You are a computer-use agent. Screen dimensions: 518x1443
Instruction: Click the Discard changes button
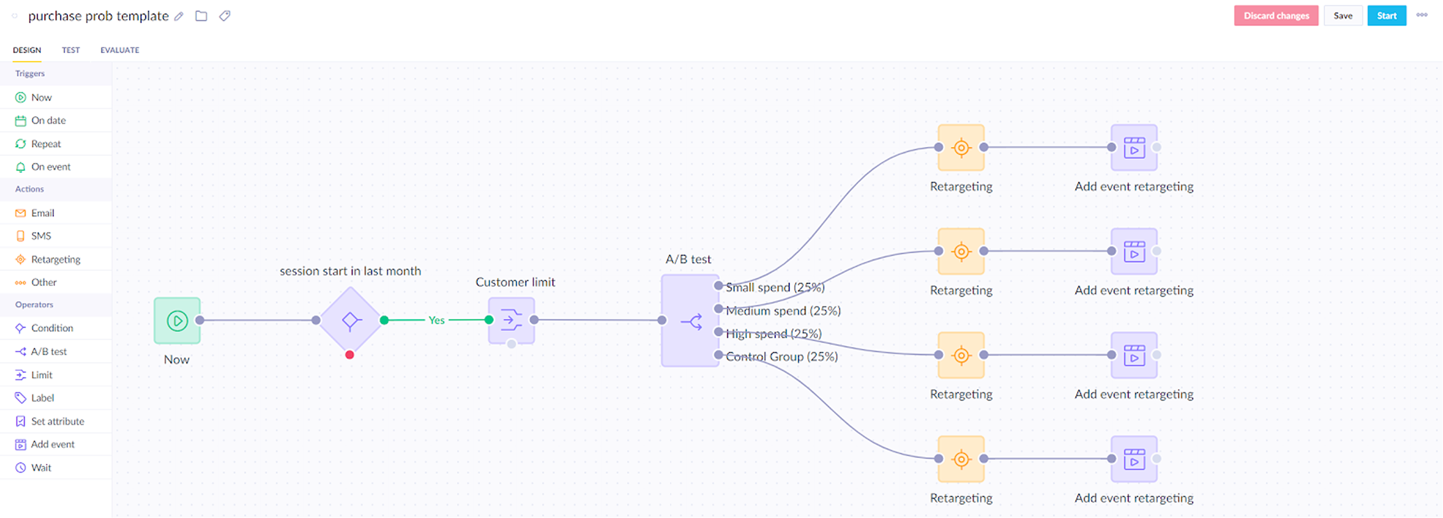[1276, 16]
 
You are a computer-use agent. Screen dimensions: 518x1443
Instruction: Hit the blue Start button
[1386, 16]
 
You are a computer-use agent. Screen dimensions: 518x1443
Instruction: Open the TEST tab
[71, 50]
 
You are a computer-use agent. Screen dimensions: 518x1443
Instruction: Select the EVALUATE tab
[120, 50]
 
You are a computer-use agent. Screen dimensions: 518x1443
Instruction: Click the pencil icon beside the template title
[179, 16]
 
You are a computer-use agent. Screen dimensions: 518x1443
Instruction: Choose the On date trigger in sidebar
[48, 121]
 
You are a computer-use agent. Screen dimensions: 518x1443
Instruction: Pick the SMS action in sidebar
[41, 236]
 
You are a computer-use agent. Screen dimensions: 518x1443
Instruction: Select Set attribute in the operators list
[57, 421]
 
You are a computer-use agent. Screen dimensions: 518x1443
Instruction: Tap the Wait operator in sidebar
[41, 468]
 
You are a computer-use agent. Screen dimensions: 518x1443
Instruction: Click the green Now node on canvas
[177, 321]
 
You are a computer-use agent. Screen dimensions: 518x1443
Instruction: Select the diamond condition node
[350, 321]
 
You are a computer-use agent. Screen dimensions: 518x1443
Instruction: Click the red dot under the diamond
[350, 355]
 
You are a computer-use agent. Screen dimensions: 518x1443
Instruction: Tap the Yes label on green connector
[436, 320]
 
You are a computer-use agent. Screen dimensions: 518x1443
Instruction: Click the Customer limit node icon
[511, 320]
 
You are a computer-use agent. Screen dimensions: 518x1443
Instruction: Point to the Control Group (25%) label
[781, 357]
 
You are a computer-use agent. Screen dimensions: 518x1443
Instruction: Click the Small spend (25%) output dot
[718, 286]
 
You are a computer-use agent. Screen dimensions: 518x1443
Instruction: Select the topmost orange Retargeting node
[961, 147]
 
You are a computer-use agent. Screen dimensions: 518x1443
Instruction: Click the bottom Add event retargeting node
[1134, 459]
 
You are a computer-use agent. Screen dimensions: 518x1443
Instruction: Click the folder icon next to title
[201, 16]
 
